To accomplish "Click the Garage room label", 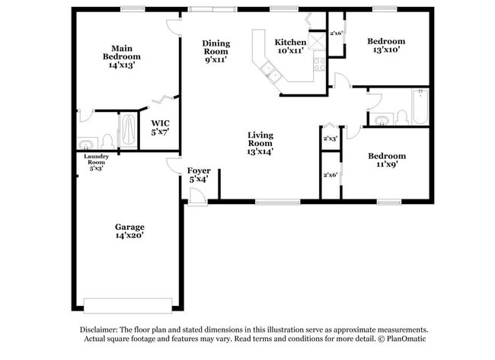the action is click(129, 227).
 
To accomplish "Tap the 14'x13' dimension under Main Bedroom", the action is click(122, 65).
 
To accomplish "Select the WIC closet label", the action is click(160, 123).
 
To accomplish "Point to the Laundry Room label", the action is click(96, 159).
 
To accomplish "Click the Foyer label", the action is click(199, 170).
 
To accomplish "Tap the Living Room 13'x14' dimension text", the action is click(260, 151).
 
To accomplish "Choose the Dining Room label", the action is click(216, 47).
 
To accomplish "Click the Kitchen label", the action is click(290, 42).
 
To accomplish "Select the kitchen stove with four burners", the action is click(319, 65).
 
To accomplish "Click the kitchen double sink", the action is click(270, 72).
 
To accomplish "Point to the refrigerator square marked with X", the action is click(317, 40).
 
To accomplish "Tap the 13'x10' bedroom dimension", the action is click(386, 49).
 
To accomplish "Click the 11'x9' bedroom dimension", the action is click(387, 164).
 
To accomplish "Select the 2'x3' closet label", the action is click(331, 139).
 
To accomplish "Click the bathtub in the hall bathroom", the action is click(420, 107).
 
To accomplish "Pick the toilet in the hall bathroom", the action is click(402, 117).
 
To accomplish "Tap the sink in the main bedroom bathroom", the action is click(85, 144).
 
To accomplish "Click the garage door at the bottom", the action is click(128, 305).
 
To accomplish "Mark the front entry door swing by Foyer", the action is click(197, 196).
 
